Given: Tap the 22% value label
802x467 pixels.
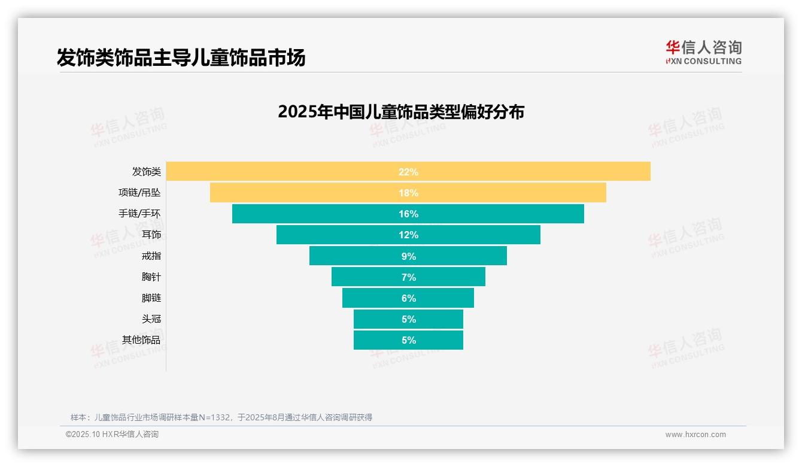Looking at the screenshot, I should coord(408,172).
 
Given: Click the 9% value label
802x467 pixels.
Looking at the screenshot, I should coord(408,256).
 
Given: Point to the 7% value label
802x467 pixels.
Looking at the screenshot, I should coord(408,277).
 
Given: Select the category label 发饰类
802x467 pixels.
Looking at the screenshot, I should coord(147,172).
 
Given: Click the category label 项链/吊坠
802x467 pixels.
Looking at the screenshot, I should coord(139,193).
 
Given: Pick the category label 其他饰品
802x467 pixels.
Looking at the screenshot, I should coord(141,340).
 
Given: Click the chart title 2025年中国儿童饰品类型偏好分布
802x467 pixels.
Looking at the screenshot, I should coord(400,112).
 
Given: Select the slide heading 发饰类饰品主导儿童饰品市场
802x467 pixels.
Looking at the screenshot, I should coord(181,57).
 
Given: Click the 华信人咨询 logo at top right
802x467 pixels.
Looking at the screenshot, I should coord(703,52).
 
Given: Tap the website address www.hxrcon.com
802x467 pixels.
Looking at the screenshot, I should coord(695,435).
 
